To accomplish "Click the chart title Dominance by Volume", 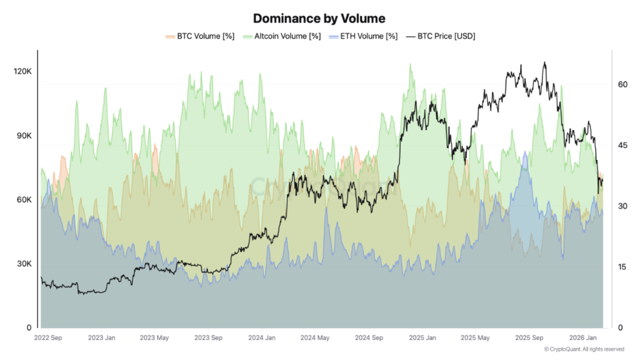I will tap(319, 19).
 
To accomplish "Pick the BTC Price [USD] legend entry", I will tap(441, 36).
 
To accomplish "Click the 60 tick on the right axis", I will tap(622, 84).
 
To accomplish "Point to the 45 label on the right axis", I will tap(622, 145).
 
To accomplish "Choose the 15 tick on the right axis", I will tap(622, 267).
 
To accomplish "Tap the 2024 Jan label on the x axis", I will tap(263, 338).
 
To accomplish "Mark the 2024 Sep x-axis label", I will tap(369, 338).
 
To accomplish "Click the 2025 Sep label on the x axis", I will tap(528, 338).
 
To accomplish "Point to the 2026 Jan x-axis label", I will tap(582, 338).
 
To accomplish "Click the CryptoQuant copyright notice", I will tap(584, 349).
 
